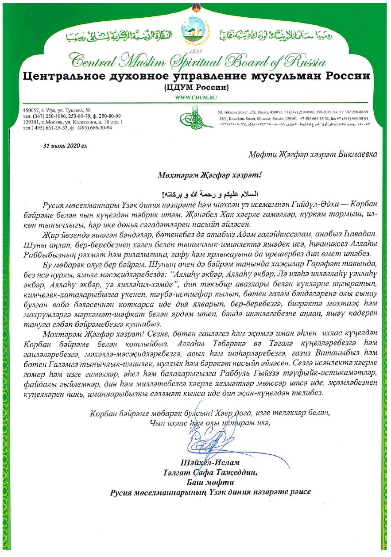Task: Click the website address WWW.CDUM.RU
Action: tap(195, 97)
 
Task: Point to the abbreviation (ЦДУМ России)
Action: tap(195, 87)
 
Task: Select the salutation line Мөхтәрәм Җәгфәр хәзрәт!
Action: tap(210, 174)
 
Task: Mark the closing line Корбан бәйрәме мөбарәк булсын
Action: tap(210, 413)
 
